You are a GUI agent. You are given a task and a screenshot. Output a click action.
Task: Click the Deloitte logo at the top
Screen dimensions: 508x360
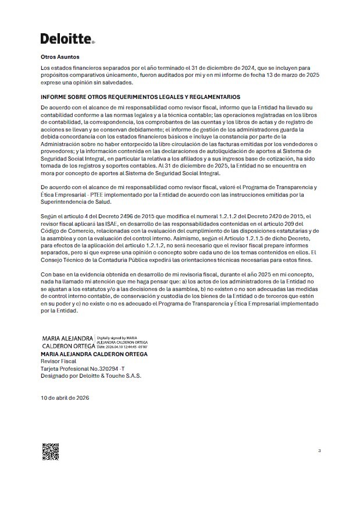(x=67, y=38)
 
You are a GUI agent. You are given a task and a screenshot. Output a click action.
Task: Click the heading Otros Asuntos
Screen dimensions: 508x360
(x=60, y=58)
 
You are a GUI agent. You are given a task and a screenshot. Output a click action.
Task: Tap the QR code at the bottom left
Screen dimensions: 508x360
(x=50, y=452)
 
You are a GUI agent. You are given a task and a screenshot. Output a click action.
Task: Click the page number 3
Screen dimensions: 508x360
(x=319, y=450)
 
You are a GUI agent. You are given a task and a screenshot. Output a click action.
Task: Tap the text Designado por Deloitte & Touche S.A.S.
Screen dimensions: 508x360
(x=91, y=375)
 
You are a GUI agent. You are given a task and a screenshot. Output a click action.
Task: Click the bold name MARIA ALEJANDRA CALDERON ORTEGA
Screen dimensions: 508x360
(x=94, y=354)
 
